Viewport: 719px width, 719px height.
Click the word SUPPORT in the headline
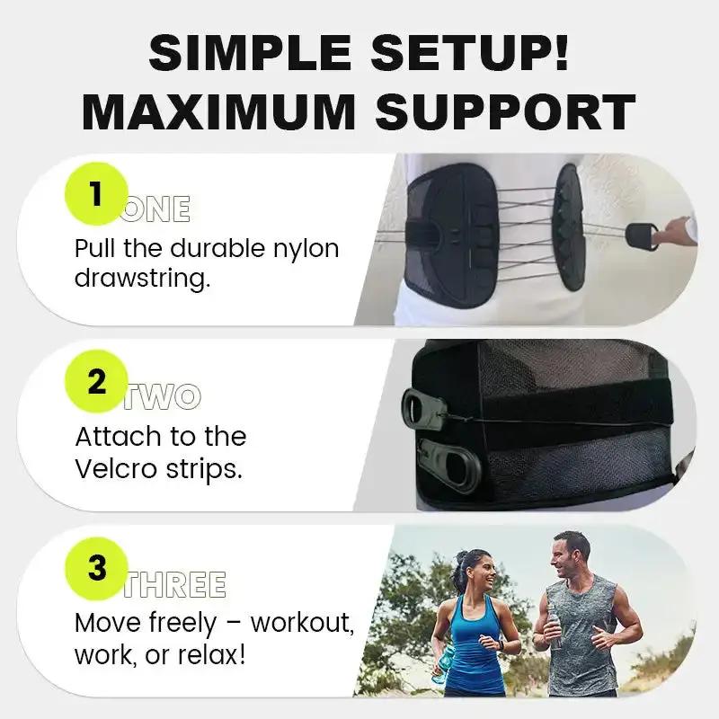click(506, 114)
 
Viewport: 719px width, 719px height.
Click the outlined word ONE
click(156, 209)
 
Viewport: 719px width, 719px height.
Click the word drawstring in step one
click(142, 278)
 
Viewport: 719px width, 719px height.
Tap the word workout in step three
click(302, 622)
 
